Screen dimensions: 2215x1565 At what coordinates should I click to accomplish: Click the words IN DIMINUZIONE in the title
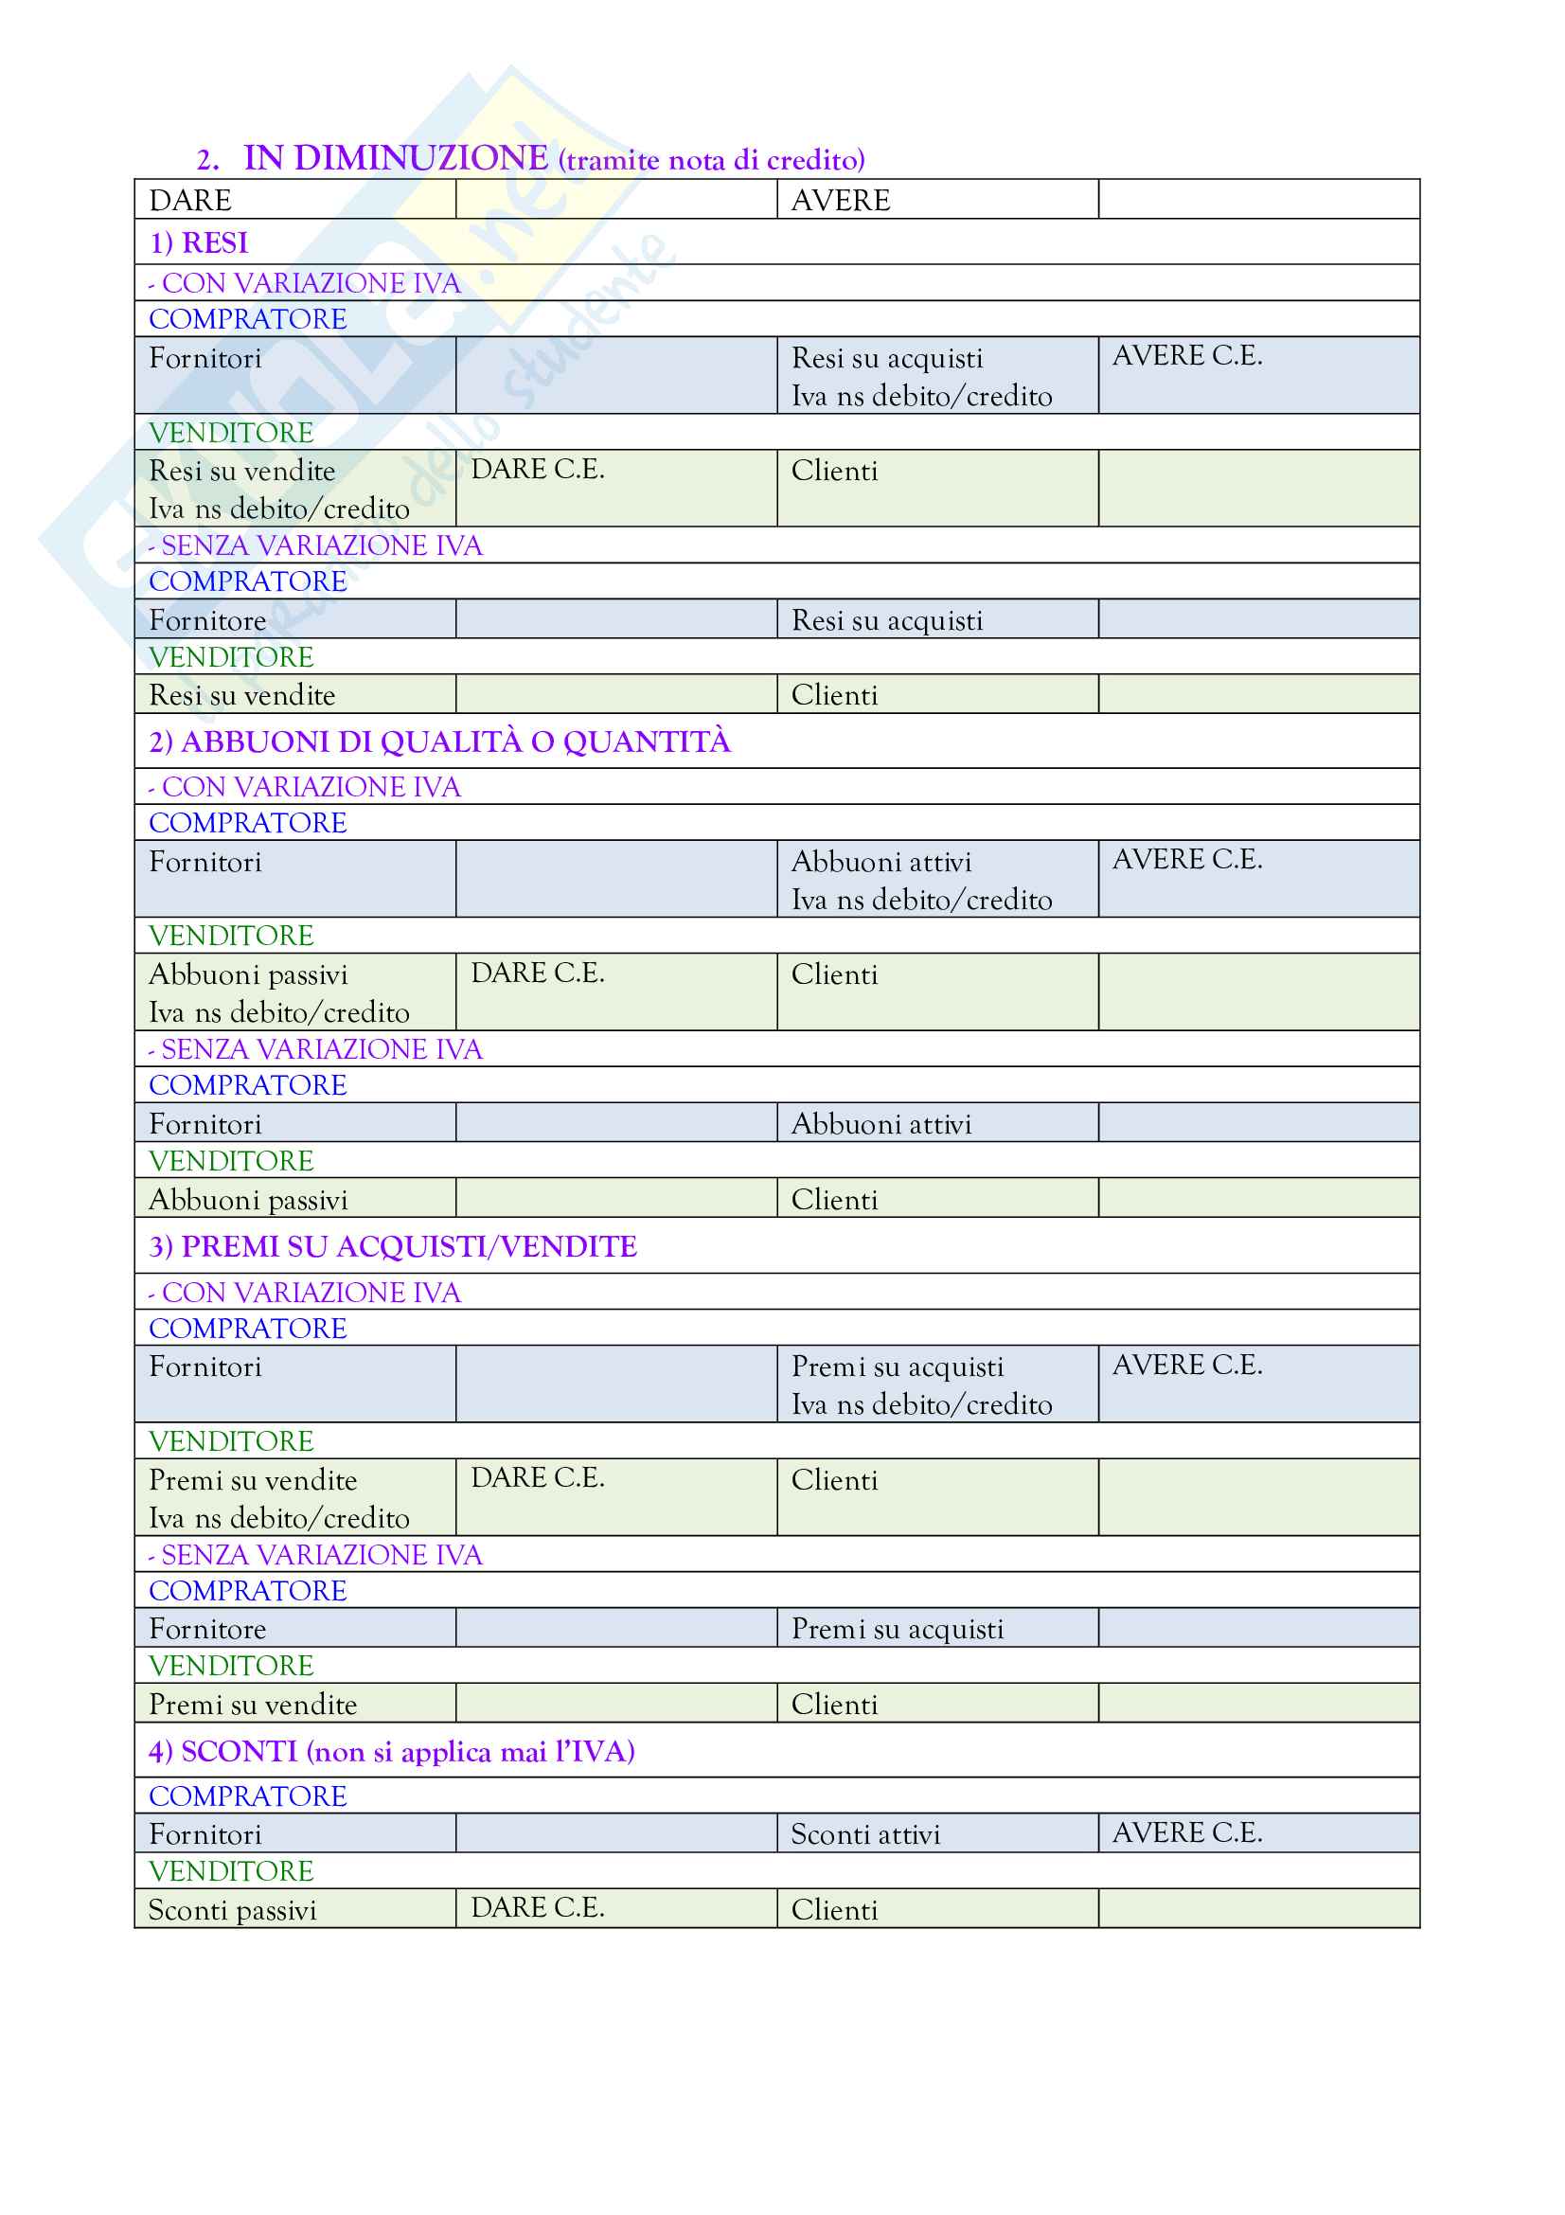(x=396, y=158)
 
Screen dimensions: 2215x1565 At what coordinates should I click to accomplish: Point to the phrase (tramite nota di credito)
(x=712, y=160)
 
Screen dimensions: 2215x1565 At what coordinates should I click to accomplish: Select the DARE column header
(x=190, y=201)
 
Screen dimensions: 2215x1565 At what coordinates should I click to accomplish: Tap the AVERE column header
(x=840, y=201)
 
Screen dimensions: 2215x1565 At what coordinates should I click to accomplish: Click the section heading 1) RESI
(x=199, y=243)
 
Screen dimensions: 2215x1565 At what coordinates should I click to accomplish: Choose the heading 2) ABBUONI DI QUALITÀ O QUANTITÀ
(x=439, y=741)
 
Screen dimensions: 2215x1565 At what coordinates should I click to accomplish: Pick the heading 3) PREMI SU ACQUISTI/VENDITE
(x=393, y=1246)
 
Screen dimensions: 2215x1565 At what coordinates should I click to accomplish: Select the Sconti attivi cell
(x=865, y=1834)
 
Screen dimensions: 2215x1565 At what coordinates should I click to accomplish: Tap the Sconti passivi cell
(x=232, y=1910)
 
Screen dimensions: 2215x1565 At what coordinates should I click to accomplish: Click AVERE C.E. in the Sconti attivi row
(x=1187, y=1832)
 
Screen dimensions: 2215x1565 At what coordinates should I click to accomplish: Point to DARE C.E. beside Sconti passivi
(x=537, y=1907)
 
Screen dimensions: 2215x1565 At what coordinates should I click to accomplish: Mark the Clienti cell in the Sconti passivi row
(x=834, y=1910)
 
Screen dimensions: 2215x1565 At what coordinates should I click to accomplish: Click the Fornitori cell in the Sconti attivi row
(x=205, y=1834)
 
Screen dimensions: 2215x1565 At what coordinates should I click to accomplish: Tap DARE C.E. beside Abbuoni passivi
(x=537, y=973)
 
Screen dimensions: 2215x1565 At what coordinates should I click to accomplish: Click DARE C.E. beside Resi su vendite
(x=537, y=469)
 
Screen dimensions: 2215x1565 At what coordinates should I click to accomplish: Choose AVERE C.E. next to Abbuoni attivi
(x=1187, y=859)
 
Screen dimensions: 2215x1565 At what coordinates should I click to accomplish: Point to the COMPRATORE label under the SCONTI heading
(x=248, y=1796)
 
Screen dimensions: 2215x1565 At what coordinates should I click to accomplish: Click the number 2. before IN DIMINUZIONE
(x=207, y=160)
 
